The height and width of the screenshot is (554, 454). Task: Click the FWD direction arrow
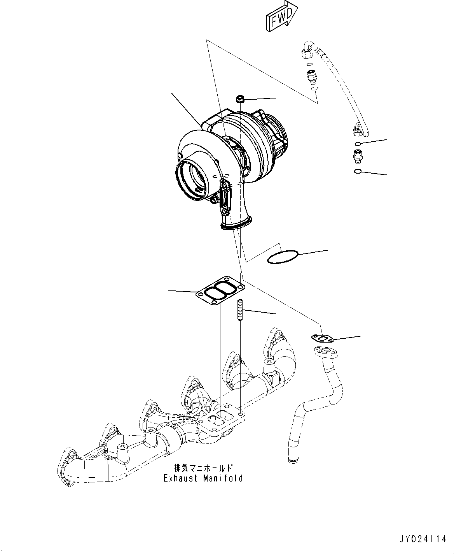tap(281, 16)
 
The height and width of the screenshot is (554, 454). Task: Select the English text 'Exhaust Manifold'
tap(203, 478)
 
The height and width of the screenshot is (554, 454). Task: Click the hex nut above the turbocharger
tap(240, 99)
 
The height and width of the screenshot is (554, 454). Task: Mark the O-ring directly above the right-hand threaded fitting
tap(358, 144)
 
